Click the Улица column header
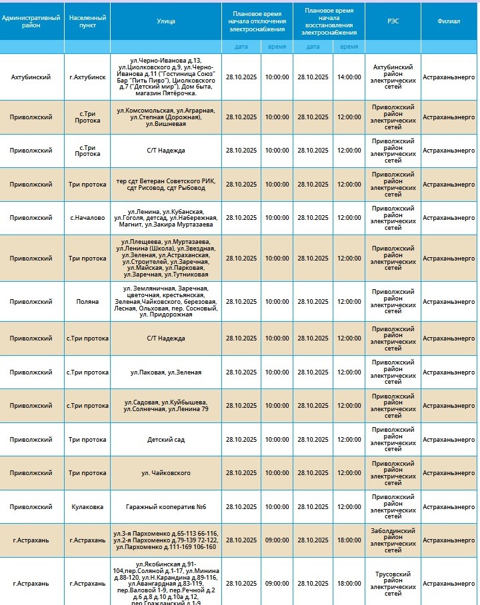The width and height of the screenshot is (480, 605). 166,21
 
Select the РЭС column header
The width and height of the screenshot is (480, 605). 393,21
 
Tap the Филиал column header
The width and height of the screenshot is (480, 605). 449,21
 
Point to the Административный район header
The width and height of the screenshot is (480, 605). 31,21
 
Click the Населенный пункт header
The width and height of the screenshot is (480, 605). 87,21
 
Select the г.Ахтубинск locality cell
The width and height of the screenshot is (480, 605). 87,77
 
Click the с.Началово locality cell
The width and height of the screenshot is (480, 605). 87,218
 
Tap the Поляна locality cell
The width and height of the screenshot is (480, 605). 87,301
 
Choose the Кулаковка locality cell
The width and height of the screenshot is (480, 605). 87,507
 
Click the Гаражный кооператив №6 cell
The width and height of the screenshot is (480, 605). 166,507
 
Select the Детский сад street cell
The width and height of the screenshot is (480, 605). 166,440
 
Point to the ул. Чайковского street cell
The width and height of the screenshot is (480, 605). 166,473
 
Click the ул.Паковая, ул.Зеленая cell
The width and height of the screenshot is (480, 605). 166,372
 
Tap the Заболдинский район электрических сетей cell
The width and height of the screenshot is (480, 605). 393,540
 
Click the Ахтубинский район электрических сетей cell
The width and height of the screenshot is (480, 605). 393,77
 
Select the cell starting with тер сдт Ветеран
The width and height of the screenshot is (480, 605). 166,185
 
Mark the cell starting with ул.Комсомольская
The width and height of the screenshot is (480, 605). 166,117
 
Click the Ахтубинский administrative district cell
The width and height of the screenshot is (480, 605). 31,77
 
